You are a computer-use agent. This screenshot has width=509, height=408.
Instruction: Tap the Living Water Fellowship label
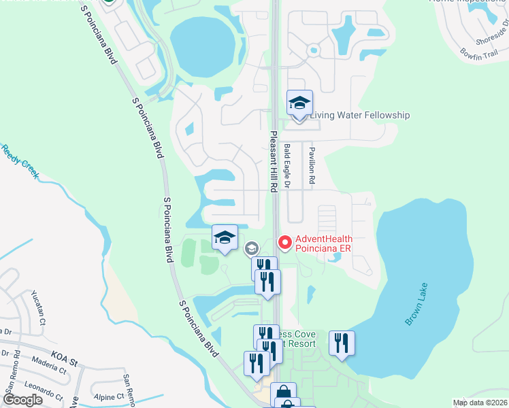(360, 115)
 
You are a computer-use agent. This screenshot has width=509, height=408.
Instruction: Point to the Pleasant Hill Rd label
(274, 162)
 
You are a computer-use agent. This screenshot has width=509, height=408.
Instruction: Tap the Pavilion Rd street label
(312, 165)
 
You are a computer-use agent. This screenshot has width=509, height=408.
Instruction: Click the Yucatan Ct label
(38, 306)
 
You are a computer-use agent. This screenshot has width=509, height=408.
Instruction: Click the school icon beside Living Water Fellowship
(299, 103)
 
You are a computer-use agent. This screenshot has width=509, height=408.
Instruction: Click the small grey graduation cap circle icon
(251, 249)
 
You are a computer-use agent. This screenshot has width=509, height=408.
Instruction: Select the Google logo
(22, 400)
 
